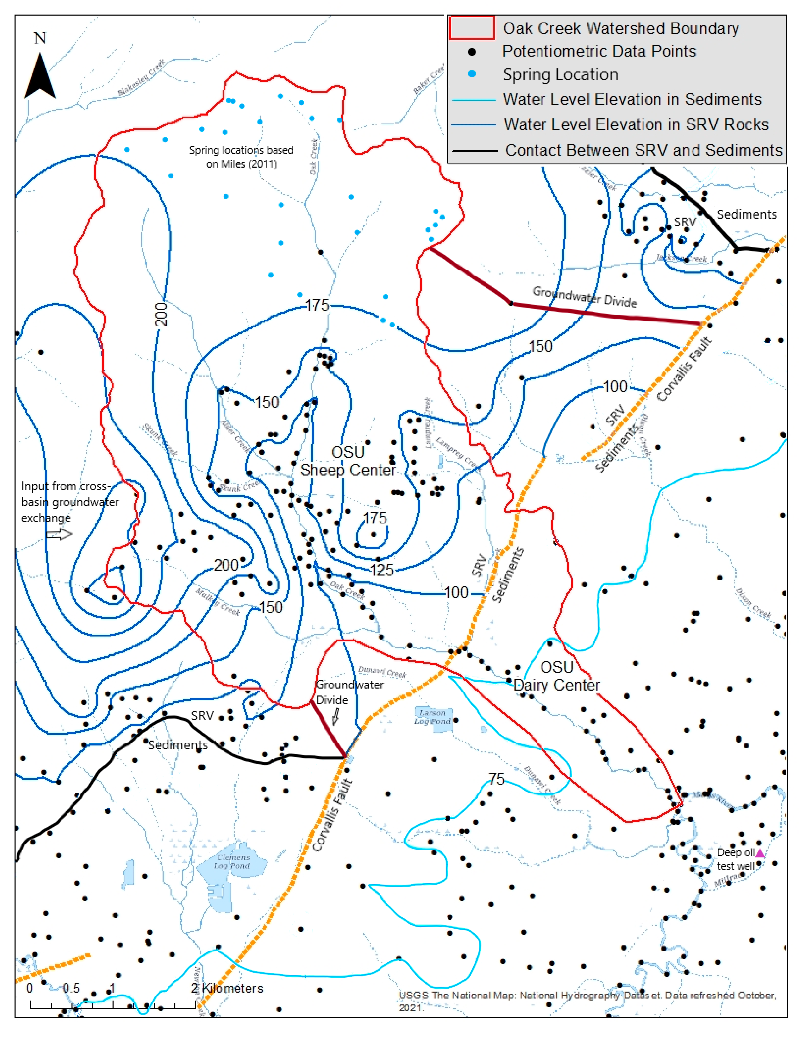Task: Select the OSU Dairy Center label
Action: coord(557,676)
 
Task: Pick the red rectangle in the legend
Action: coord(471,28)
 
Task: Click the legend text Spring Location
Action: coord(560,75)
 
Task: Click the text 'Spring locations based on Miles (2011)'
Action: coord(241,157)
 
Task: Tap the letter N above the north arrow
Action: coord(40,38)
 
